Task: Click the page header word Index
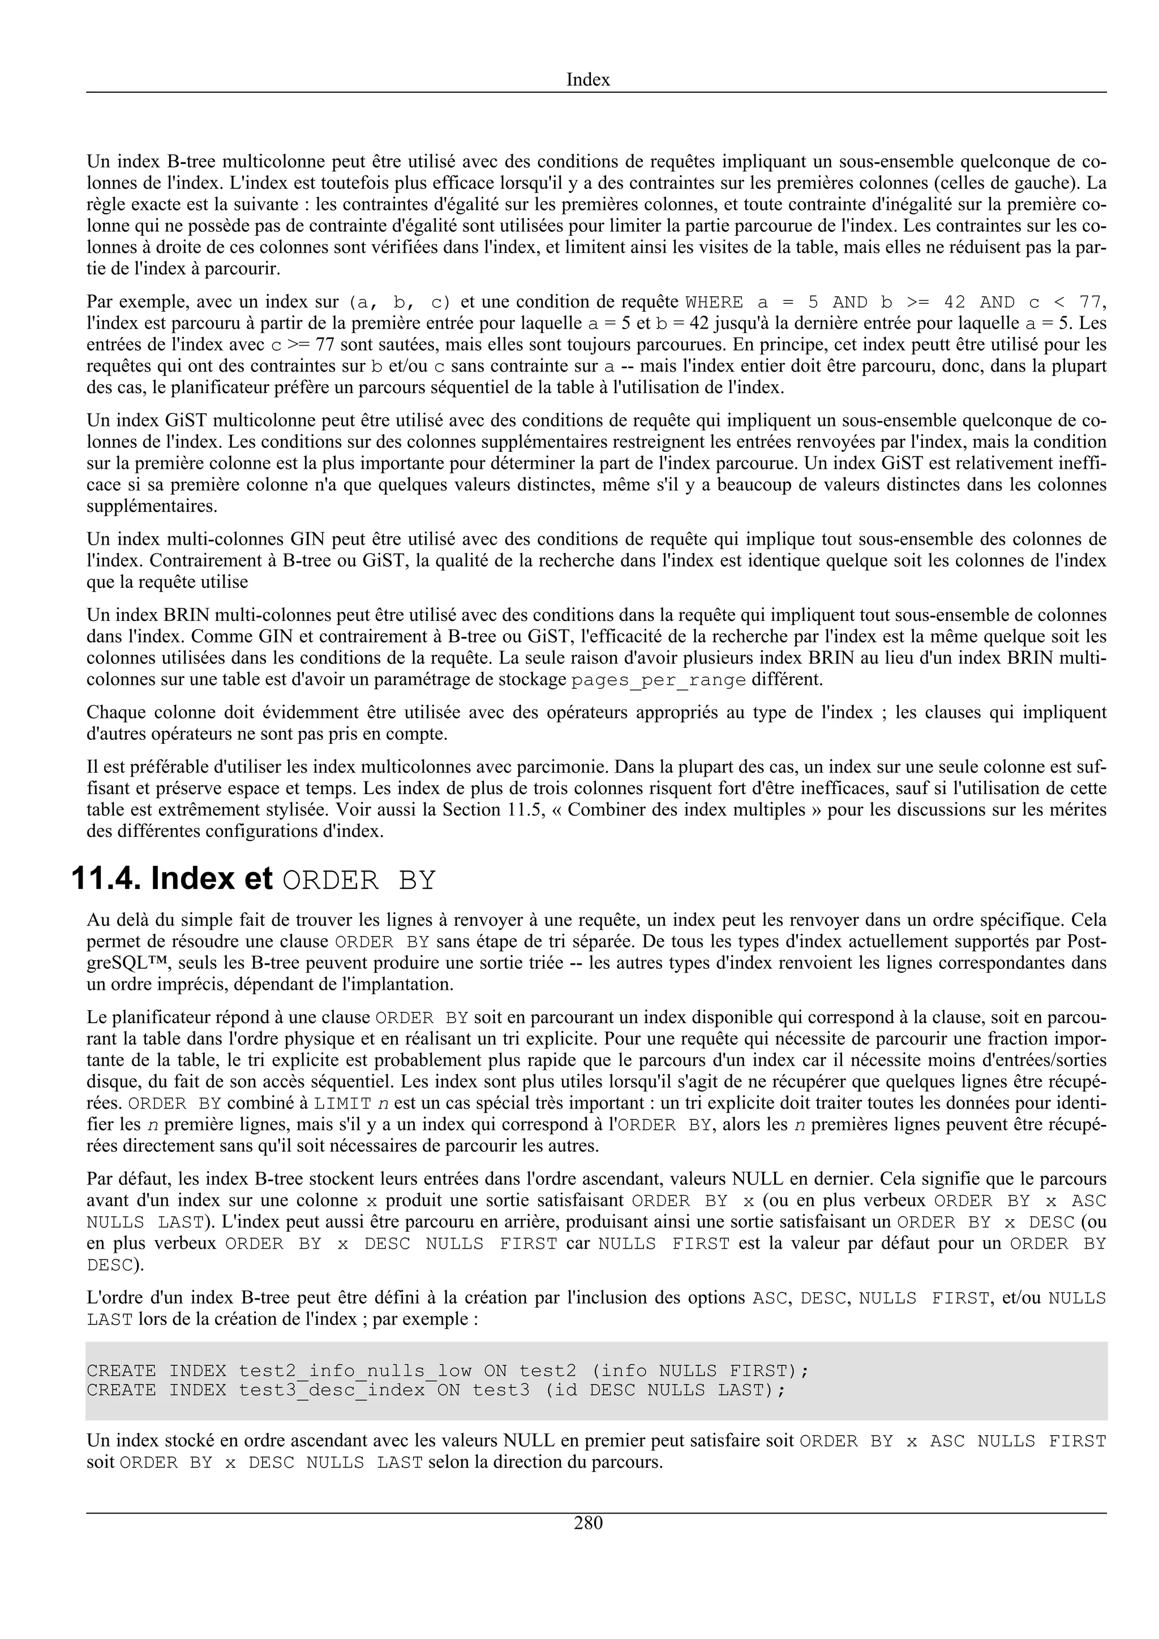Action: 588,79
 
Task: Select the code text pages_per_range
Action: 658,680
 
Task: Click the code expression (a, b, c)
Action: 399,303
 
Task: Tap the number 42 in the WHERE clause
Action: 954,303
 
